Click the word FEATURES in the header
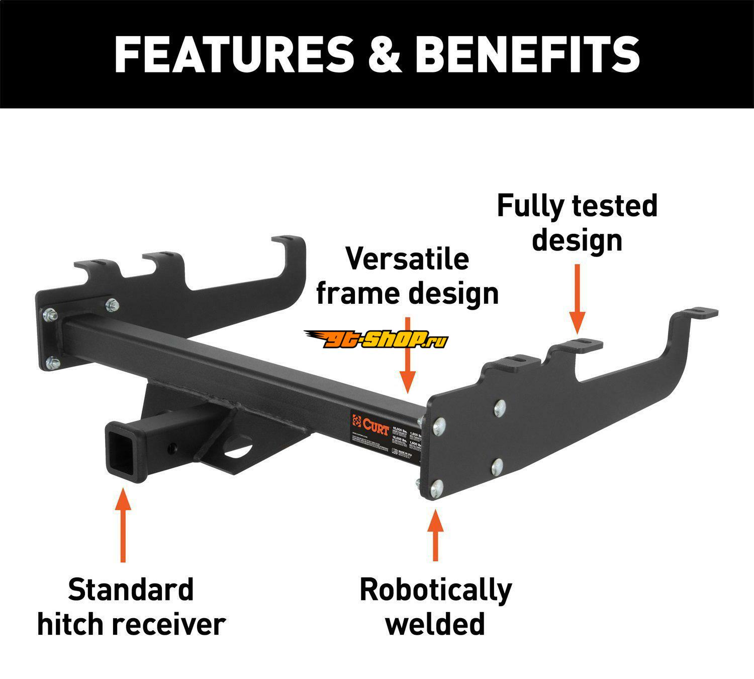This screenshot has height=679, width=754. (234, 54)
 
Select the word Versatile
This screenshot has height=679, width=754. (407, 259)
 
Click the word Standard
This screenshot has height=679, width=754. (131, 590)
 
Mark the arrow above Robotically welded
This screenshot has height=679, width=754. (435, 536)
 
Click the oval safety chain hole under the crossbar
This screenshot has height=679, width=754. (239, 449)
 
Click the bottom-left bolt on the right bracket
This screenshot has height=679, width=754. (437, 486)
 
